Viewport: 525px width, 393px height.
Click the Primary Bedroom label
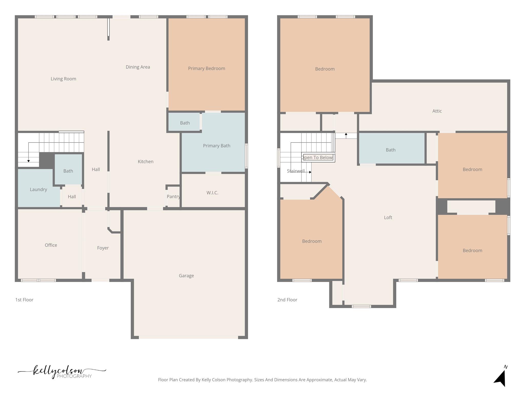click(x=206, y=69)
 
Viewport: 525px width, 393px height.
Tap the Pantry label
click(x=173, y=196)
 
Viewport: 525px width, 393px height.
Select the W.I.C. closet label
click(x=212, y=193)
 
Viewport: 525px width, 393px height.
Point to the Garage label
click(x=186, y=276)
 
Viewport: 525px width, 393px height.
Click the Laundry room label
click(x=38, y=190)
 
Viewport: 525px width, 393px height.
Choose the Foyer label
click(x=103, y=248)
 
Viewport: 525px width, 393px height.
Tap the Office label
click(x=51, y=245)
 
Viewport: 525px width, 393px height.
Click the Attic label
click(x=437, y=111)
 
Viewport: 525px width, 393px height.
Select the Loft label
click(x=388, y=217)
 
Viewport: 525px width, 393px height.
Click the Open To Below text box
click(x=318, y=158)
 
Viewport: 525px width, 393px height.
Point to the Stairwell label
click(x=296, y=171)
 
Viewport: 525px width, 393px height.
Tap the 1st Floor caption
click(x=24, y=300)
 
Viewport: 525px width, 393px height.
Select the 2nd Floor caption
click(x=287, y=300)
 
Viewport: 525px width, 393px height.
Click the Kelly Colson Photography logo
click(x=62, y=372)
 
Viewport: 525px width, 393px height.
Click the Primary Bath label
click(x=217, y=146)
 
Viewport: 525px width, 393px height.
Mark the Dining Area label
click(x=138, y=67)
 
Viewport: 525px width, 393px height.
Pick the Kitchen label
click(x=145, y=161)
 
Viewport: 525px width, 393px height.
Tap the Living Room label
click(x=63, y=79)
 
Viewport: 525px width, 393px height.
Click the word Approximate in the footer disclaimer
click(x=319, y=380)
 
